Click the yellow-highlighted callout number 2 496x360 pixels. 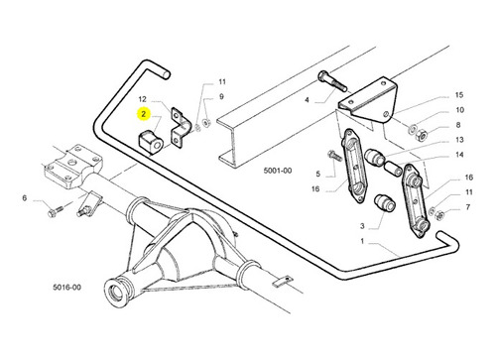coord(143,114)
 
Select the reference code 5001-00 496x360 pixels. coord(278,171)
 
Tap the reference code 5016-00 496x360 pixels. coord(66,287)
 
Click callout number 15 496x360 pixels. coord(459,95)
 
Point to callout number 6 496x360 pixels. coord(25,198)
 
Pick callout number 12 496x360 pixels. coord(142,99)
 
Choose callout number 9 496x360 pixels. coord(221,96)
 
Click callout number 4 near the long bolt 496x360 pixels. coord(307,99)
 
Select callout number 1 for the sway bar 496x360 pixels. coord(362,241)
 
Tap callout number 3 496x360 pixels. coord(362,226)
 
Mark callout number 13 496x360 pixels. coord(459,140)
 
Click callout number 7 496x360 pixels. coord(468,207)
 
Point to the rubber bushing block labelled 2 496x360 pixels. coord(151,143)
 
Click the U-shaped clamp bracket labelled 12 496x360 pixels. coord(181,127)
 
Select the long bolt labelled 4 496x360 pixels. coord(332,81)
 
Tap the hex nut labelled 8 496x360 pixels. coord(421,135)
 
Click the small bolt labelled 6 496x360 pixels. coord(56,211)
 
